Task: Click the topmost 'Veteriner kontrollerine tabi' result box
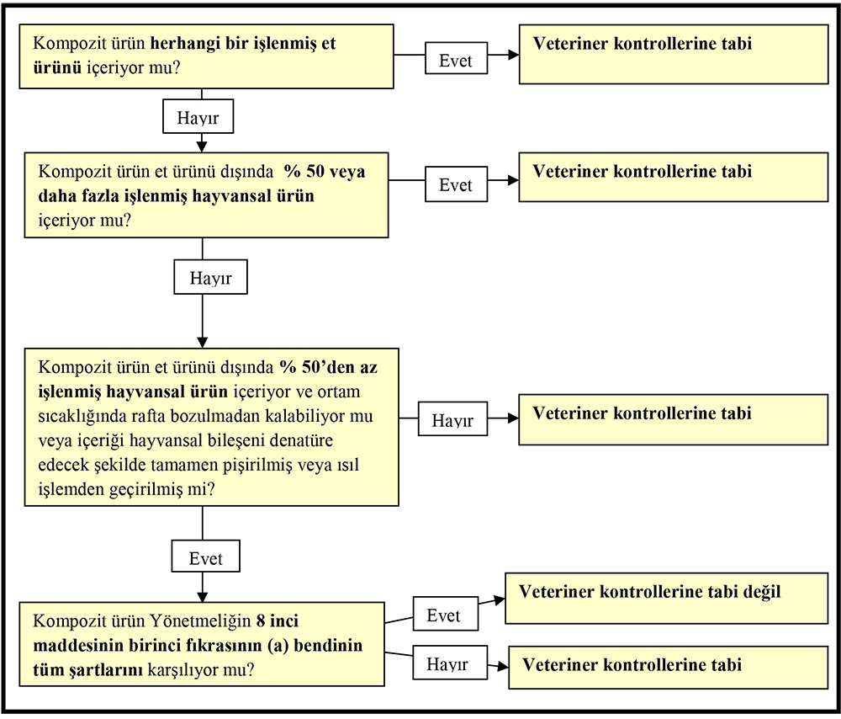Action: [673, 54]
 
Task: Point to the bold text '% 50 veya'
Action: [325, 172]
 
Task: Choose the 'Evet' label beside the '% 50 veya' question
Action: [456, 184]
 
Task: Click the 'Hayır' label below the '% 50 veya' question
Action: [210, 277]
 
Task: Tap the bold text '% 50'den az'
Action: [328, 367]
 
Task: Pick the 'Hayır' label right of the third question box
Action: [452, 418]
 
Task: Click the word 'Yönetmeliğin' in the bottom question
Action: [200, 621]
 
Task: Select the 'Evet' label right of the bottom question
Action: [445, 614]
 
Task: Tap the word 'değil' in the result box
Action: [762, 592]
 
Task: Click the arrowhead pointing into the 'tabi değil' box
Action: [500, 600]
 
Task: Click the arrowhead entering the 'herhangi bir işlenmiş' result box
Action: [513, 54]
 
